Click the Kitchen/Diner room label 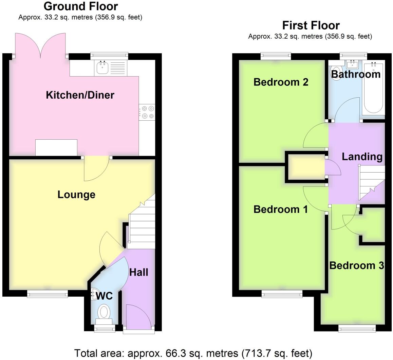point(80,95)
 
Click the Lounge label point(76,195)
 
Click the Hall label point(138,272)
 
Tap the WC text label point(104,296)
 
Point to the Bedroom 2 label point(281,82)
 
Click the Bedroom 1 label point(281,209)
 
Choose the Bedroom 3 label point(356,265)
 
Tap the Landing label point(362,157)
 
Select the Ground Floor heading point(81,6)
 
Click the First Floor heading point(311,25)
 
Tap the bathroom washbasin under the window point(353,64)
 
